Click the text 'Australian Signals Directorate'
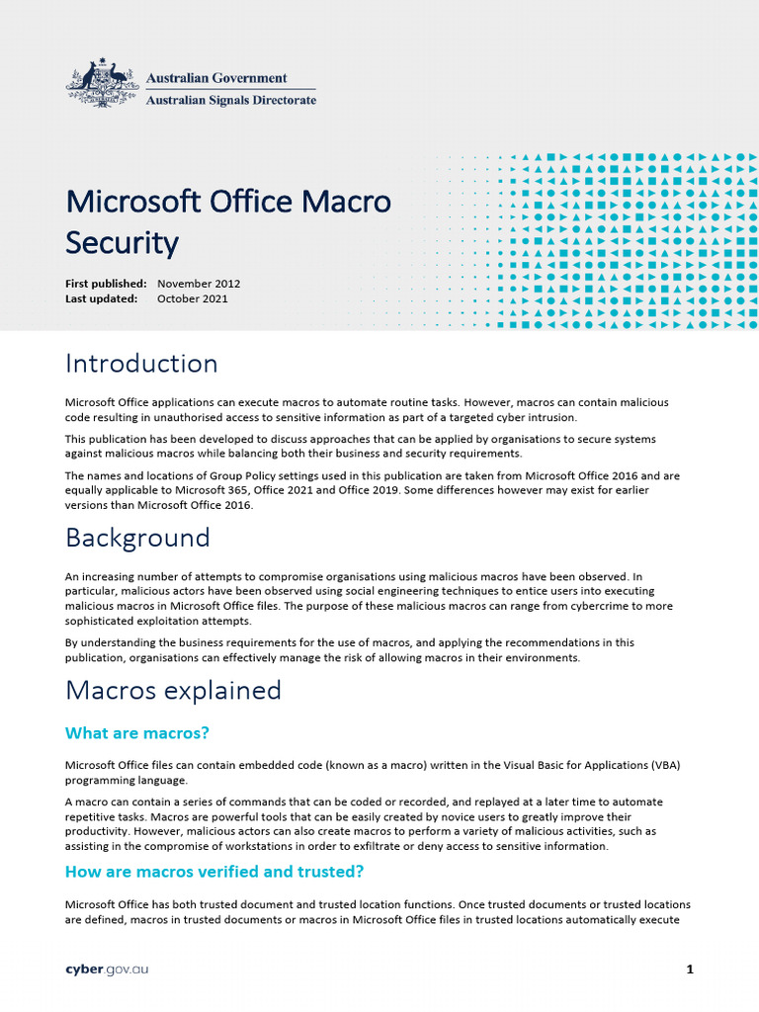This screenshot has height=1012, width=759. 231,100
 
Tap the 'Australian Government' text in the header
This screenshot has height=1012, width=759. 216,77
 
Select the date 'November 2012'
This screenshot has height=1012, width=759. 199,284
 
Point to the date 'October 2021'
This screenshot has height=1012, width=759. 193,298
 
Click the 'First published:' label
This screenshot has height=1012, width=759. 106,284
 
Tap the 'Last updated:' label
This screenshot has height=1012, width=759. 101,298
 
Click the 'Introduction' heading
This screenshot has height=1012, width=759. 141,364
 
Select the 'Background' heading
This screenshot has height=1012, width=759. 137,539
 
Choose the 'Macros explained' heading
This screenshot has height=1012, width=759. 173,690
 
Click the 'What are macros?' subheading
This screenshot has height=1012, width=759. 137,733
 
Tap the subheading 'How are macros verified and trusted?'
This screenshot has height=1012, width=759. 213,872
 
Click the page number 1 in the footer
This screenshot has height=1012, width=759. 690,970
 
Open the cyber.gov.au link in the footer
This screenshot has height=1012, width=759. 107,970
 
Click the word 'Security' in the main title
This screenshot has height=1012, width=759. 122,242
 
